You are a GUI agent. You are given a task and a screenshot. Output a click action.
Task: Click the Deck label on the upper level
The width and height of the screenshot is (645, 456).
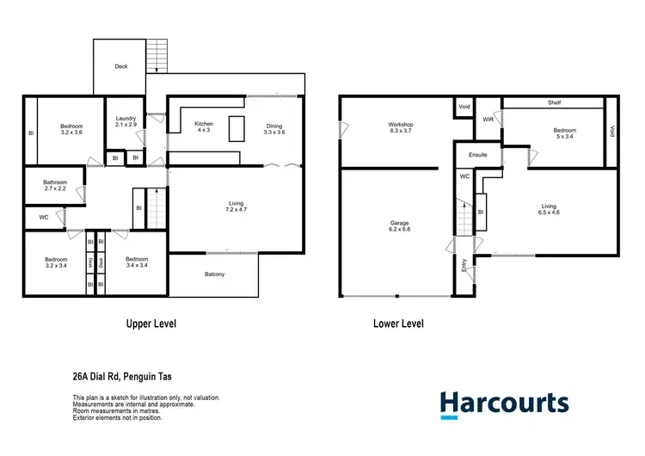[120, 67]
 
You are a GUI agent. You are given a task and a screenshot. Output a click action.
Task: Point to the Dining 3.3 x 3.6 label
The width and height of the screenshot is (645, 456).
[273, 128]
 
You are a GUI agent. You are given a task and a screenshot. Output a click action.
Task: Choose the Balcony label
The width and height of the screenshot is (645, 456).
[214, 274]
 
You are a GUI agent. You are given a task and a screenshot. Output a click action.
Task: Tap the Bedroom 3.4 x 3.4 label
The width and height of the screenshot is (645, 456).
[136, 262]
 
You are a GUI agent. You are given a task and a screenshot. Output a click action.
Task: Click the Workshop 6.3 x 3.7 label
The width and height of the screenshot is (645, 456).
[401, 129]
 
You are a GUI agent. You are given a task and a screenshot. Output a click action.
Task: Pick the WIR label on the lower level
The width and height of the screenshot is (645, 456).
[488, 119]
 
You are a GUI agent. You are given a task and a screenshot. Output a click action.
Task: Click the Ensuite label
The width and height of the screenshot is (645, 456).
[478, 155]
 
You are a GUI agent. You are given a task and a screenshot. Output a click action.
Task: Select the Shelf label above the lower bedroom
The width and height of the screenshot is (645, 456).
[554, 102]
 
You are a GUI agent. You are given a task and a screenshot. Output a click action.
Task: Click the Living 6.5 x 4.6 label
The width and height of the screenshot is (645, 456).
[549, 210]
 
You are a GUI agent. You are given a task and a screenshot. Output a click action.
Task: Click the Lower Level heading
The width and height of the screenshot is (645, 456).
[398, 324]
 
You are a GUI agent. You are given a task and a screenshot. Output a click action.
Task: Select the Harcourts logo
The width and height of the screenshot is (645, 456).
[504, 404]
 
